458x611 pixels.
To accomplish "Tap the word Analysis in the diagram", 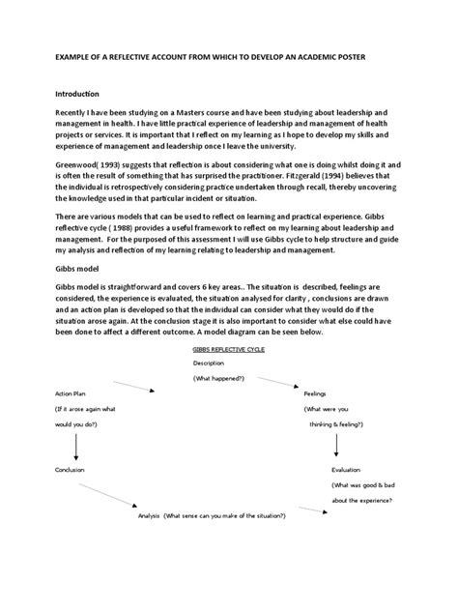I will (148, 516).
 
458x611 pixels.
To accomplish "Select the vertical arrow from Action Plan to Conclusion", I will (74, 442).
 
